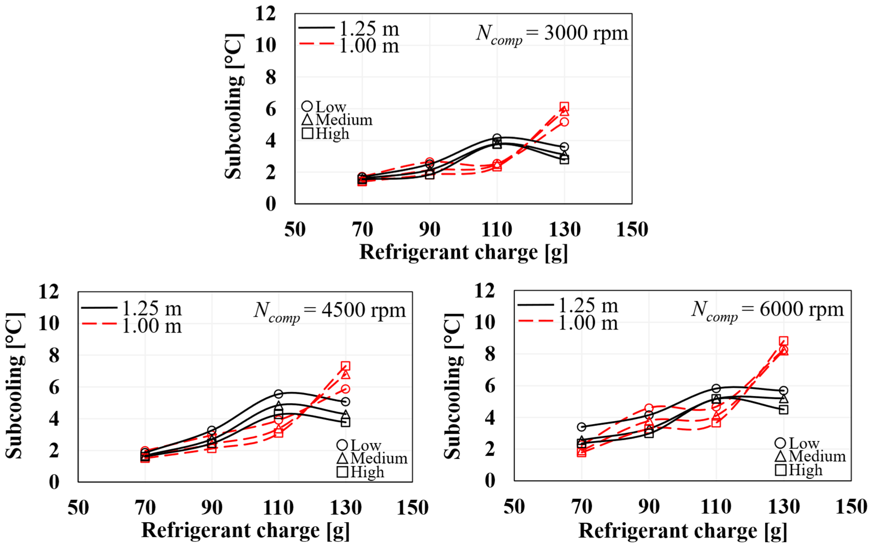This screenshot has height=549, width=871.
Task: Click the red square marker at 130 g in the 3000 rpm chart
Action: (564, 107)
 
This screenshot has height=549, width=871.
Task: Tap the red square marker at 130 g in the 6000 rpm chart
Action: (783, 341)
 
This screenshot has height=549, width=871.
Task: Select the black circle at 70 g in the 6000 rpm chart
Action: (581, 427)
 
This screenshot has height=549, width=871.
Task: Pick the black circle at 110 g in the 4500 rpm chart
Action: (278, 394)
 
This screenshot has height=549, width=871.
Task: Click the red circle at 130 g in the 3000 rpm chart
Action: (564, 122)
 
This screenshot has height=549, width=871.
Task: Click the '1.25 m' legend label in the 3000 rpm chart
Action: (369, 29)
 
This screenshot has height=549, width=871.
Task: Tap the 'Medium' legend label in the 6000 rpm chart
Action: (817, 456)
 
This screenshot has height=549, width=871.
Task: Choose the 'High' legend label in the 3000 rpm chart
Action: (332, 134)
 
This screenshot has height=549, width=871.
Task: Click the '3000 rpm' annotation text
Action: (586, 33)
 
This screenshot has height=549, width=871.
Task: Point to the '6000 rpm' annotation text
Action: (801, 309)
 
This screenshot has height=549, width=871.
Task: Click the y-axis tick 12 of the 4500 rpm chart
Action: (49, 292)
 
